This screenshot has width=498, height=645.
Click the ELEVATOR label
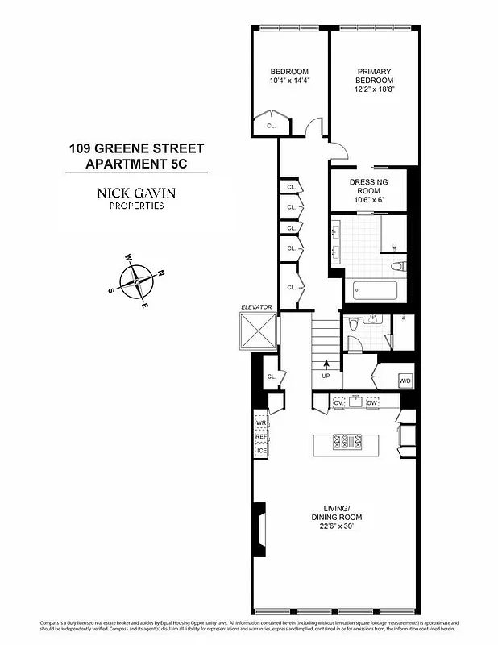tap(257, 307)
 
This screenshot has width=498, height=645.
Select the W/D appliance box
tap(406, 381)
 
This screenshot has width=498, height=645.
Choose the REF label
tap(261, 437)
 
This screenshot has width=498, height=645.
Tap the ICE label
tap(261, 450)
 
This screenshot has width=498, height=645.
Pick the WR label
tap(261, 423)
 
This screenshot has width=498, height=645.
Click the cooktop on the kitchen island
tap(352, 441)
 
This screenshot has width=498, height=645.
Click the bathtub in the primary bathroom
tap(375, 289)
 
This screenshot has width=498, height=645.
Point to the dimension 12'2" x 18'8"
tap(375, 89)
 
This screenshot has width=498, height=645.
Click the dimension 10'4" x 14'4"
tap(290, 81)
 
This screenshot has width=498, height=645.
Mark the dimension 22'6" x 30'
tap(336, 526)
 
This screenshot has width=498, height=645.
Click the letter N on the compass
tap(160, 273)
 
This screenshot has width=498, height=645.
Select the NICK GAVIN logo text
tap(136, 193)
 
